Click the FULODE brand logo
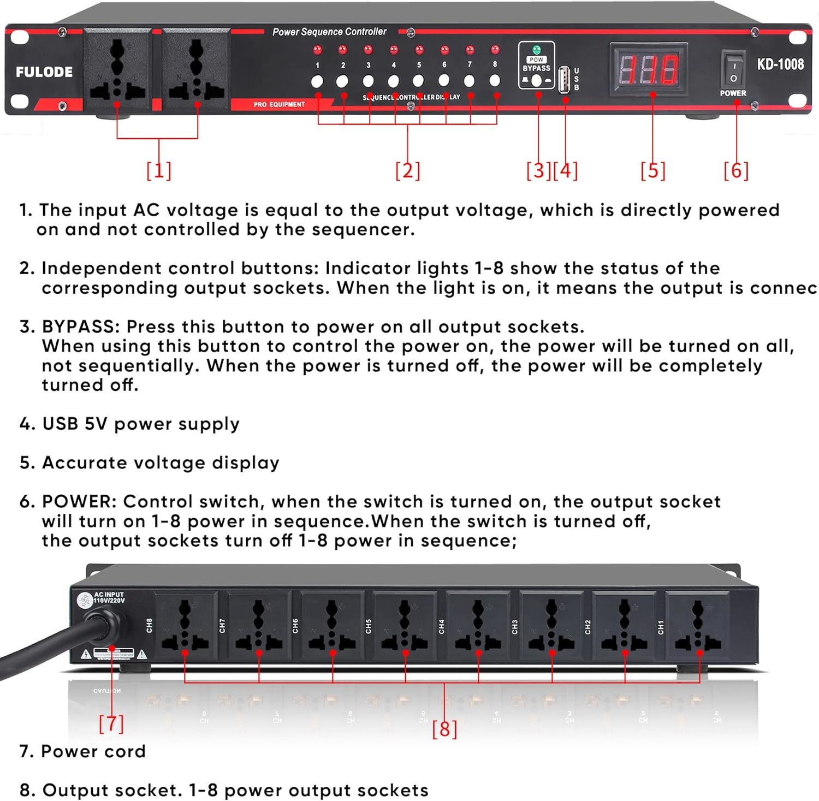44,72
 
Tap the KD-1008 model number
780,64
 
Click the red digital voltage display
648,69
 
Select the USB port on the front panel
565,80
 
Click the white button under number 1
317,82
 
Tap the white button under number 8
495,81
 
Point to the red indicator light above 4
394,50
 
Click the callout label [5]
653,170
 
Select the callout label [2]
408,170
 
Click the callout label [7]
111,723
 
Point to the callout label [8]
444,729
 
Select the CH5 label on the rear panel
369,626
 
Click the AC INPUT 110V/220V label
109,597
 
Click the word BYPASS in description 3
80,327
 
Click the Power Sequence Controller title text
329,32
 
